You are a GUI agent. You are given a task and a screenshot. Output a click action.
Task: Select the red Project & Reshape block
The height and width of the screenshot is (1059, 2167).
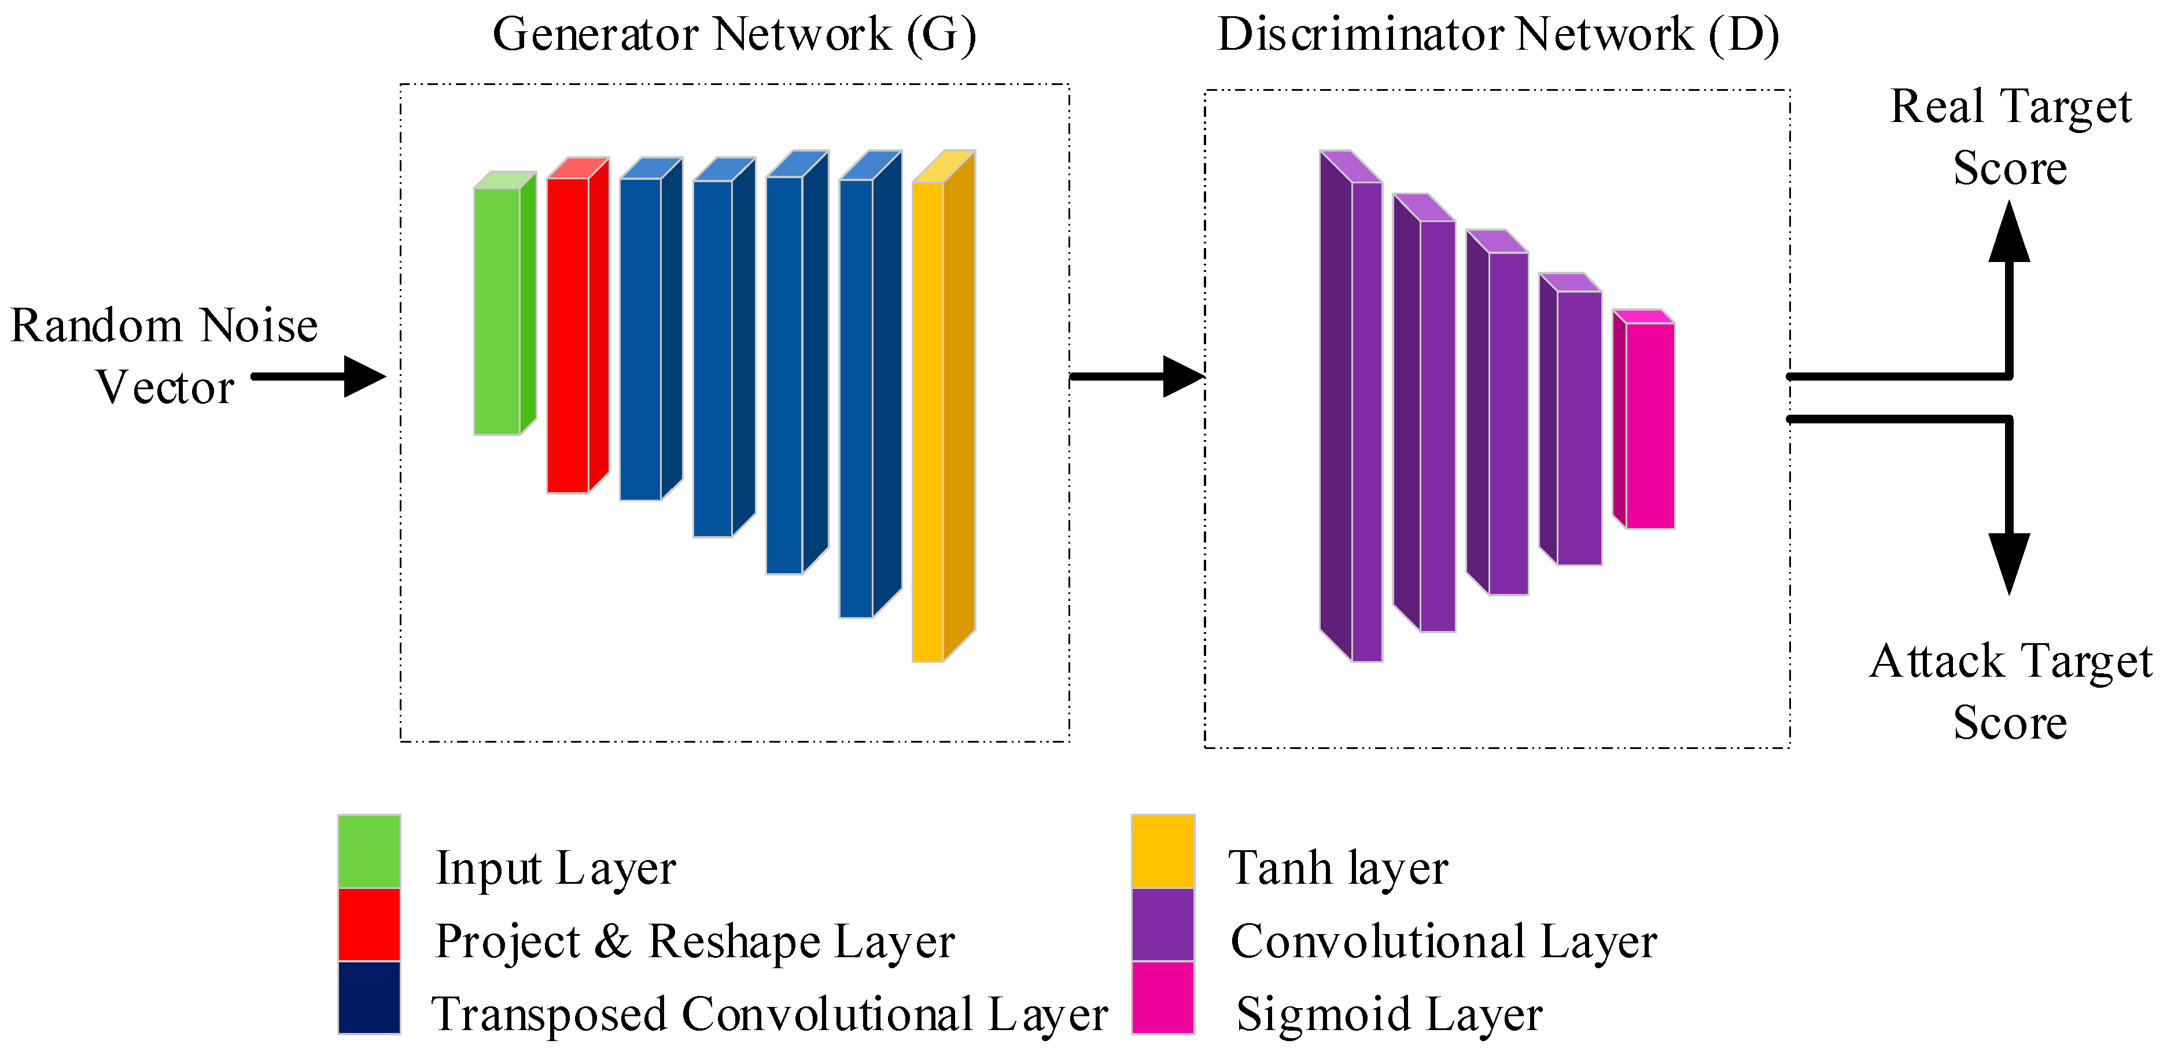tap(577, 324)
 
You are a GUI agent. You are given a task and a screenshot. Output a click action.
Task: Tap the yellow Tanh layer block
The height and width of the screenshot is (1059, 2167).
tap(943, 406)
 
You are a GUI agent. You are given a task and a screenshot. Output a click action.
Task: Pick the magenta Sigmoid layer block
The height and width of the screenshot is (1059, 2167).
tap(1643, 419)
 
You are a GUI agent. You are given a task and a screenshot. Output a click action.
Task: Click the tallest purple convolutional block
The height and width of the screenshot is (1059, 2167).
tap(1351, 406)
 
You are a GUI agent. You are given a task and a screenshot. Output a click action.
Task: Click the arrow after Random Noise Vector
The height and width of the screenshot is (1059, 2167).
tap(318, 376)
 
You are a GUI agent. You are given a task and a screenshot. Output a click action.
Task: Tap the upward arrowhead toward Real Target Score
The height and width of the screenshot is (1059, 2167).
tap(2009, 231)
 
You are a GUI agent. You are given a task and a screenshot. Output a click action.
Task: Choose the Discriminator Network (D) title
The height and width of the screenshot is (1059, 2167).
tap(1498, 35)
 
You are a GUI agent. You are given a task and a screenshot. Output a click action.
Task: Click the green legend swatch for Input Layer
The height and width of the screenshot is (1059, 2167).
tap(369, 851)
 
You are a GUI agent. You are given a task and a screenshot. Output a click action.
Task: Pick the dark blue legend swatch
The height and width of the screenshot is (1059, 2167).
tap(369, 998)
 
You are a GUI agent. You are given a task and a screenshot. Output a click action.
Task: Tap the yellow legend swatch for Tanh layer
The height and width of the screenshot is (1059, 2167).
tap(1163, 851)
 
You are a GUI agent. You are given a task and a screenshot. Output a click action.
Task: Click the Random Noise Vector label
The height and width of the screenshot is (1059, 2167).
tap(165, 356)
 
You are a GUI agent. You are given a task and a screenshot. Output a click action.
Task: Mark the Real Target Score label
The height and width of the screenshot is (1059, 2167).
tap(2011, 137)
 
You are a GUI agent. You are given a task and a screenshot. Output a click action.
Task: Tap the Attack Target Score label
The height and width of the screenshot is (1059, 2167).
tap(2011, 691)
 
